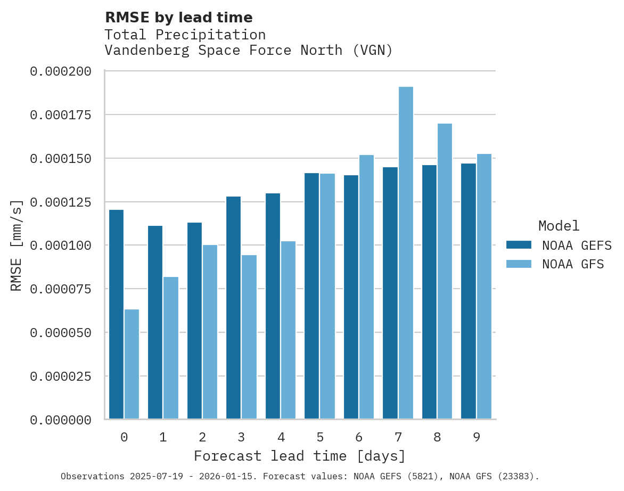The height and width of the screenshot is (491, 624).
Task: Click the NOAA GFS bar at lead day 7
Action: pyautogui.click(x=406, y=253)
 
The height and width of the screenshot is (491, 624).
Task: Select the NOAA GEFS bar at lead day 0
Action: pyautogui.click(x=116, y=314)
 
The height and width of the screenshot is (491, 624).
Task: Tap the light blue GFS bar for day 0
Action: pyautogui.click(x=132, y=364)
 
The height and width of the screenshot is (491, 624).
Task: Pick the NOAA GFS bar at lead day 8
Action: pyautogui.click(x=445, y=271)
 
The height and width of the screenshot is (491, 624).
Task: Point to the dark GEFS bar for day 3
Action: pyautogui.click(x=233, y=308)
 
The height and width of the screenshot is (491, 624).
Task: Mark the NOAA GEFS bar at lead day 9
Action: pyautogui.click(x=469, y=291)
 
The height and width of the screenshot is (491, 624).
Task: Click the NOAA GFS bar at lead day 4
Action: pyautogui.click(x=288, y=330)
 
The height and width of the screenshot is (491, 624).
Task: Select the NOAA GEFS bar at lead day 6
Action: pyautogui.click(x=351, y=297)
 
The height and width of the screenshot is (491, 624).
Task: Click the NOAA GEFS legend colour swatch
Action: pyautogui.click(x=519, y=245)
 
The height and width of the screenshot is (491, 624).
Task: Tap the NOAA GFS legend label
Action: pyautogui.click(x=573, y=264)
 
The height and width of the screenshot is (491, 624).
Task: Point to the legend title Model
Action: pyautogui.click(x=559, y=226)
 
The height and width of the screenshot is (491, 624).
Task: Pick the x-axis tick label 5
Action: pyautogui.click(x=320, y=437)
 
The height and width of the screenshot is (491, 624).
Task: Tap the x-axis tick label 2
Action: pyautogui.click(x=202, y=437)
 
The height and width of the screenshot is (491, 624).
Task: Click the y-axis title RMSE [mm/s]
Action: pyautogui.click(x=17, y=245)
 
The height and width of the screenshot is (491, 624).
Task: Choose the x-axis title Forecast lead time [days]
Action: pyautogui.click(x=300, y=456)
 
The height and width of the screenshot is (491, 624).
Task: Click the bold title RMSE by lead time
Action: pyautogui.click(x=178, y=18)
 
